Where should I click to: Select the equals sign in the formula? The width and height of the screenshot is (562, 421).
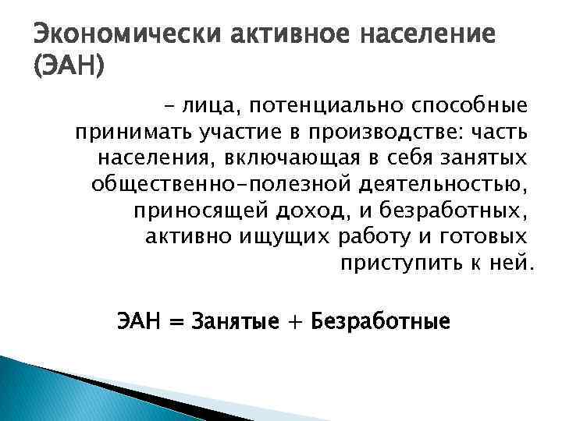[x=178, y=320]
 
